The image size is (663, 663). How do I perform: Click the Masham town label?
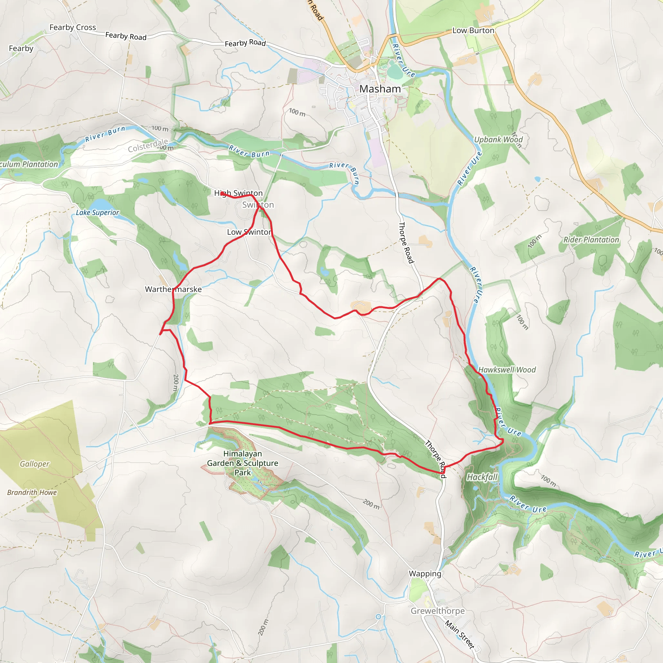(380, 89)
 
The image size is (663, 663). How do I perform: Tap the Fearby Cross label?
(73, 27)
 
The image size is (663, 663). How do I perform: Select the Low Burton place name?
(473, 30)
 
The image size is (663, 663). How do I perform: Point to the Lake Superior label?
(97, 212)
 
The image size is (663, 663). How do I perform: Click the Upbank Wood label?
(498, 139)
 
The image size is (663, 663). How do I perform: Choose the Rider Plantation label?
(591, 240)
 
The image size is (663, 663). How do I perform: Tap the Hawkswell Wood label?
(507, 370)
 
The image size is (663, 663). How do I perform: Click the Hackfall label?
(482, 478)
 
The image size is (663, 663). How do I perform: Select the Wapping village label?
(425, 573)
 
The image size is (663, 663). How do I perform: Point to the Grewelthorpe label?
(438, 611)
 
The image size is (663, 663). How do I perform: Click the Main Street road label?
(460, 634)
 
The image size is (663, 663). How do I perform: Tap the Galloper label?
(35, 464)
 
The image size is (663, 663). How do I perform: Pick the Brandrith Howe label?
(32, 492)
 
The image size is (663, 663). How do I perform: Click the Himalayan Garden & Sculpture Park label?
(242, 463)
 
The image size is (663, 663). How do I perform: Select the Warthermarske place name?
(173, 289)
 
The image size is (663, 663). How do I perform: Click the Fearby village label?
(21, 48)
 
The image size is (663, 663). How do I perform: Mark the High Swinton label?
(239, 193)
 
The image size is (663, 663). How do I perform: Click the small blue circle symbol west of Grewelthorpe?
(378, 617)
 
